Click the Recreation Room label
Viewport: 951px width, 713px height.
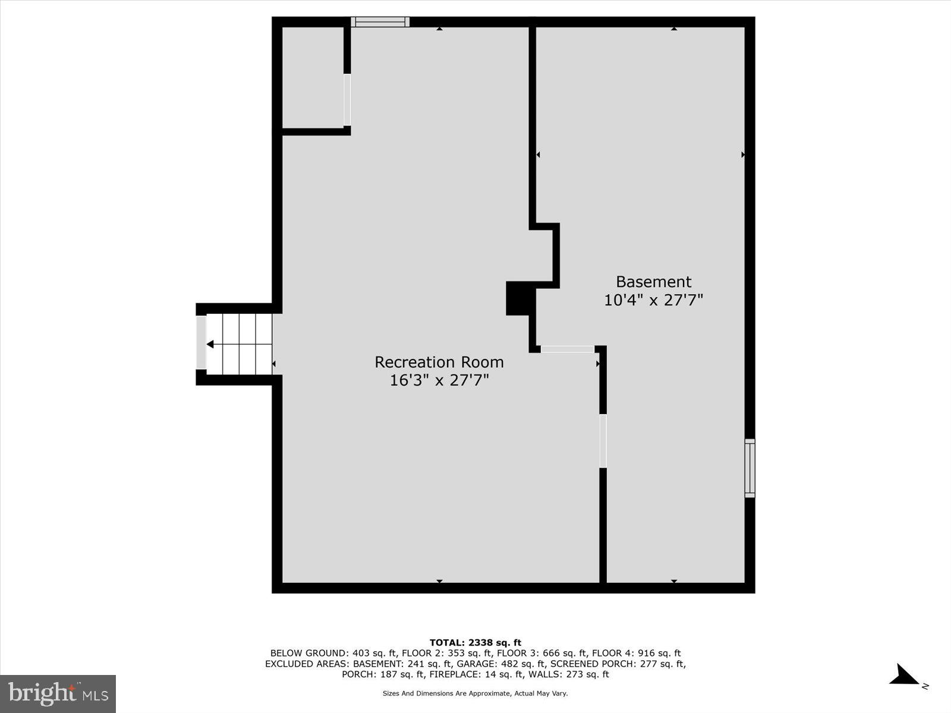coord(439,362)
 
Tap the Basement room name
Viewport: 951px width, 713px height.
coord(653,282)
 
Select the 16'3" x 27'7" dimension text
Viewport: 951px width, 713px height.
coord(439,380)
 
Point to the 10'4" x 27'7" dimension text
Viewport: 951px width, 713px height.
coord(653,300)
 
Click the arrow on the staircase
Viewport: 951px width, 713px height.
coord(210,344)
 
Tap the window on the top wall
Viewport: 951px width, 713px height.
coord(380,22)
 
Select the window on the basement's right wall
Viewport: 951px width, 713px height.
coord(750,468)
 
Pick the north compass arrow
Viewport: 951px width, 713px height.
coord(905,676)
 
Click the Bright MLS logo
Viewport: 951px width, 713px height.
coord(58,693)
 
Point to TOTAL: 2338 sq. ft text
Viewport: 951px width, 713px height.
coord(475,642)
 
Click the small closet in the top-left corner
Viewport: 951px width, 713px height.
coord(313,77)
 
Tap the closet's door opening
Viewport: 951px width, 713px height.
coord(347,100)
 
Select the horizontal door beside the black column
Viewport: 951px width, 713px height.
coord(568,349)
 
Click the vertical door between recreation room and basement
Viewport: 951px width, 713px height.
coord(603,441)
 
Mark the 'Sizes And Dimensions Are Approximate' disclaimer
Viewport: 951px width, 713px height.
coord(475,693)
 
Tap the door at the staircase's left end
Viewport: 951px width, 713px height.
coord(201,342)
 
